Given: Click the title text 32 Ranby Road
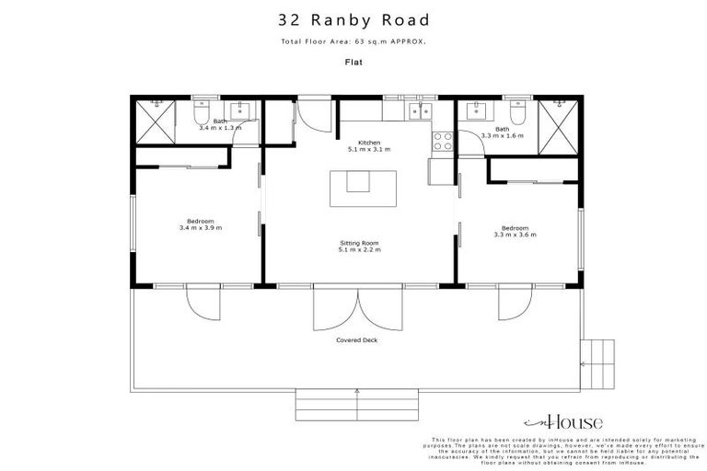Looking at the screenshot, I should (353, 19).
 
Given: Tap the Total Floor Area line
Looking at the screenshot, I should (353, 42).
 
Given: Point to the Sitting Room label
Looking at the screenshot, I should (359, 246).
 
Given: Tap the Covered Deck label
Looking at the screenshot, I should (357, 339).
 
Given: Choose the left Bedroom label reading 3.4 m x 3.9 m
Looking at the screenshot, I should (200, 224).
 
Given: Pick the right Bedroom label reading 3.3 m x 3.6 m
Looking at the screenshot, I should (515, 231).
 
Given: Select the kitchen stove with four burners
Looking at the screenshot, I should (441, 142).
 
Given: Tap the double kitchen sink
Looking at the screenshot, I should (420, 110).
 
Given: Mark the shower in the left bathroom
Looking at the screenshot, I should (154, 120).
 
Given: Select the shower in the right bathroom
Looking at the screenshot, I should (557, 120).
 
